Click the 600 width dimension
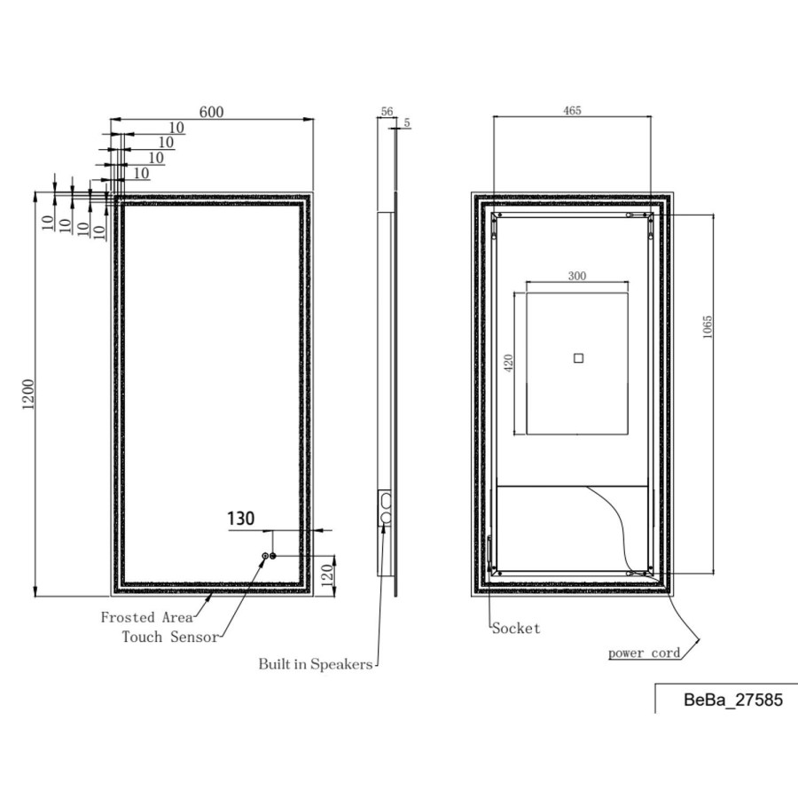tap(211, 112)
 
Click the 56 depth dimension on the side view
tap(387, 112)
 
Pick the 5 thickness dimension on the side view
tap(407, 123)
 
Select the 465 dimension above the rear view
tap(572, 111)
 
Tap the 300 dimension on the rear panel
tap(577, 276)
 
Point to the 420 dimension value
tap(509, 364)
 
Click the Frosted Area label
tap(140, 617)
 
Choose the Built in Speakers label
tap(316, 664)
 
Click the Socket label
tap(516, 629)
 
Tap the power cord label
tap(645, 653)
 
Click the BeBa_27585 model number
tap(732, 700)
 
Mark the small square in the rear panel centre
tap(578, 358)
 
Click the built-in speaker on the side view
tap(385, 506)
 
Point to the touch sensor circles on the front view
tap(269, 556)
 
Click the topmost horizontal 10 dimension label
tap(176, 128)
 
